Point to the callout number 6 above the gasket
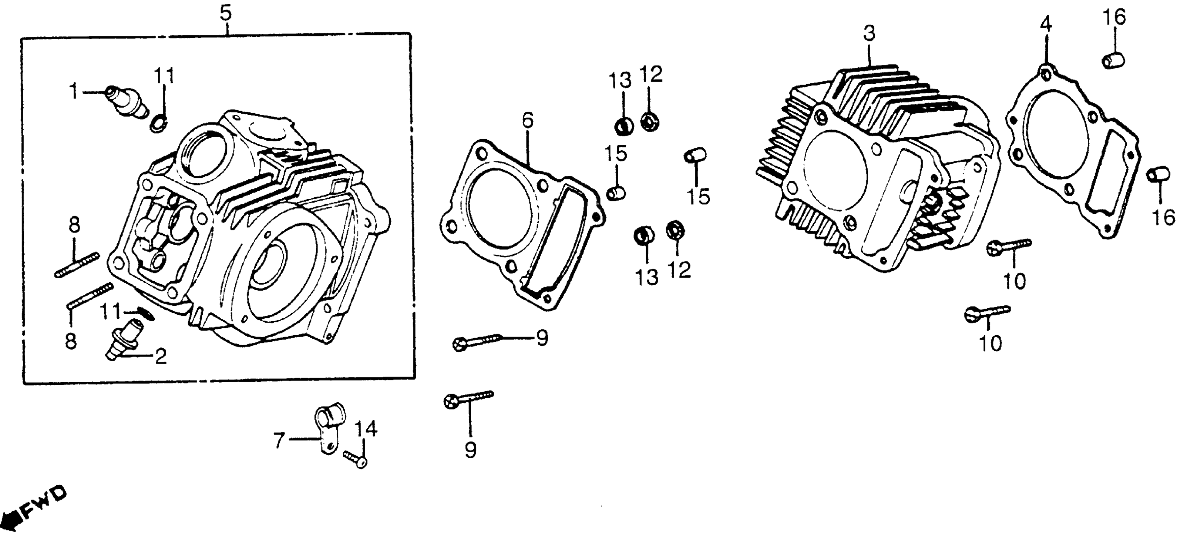528,120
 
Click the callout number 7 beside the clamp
279,441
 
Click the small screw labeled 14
355,460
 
